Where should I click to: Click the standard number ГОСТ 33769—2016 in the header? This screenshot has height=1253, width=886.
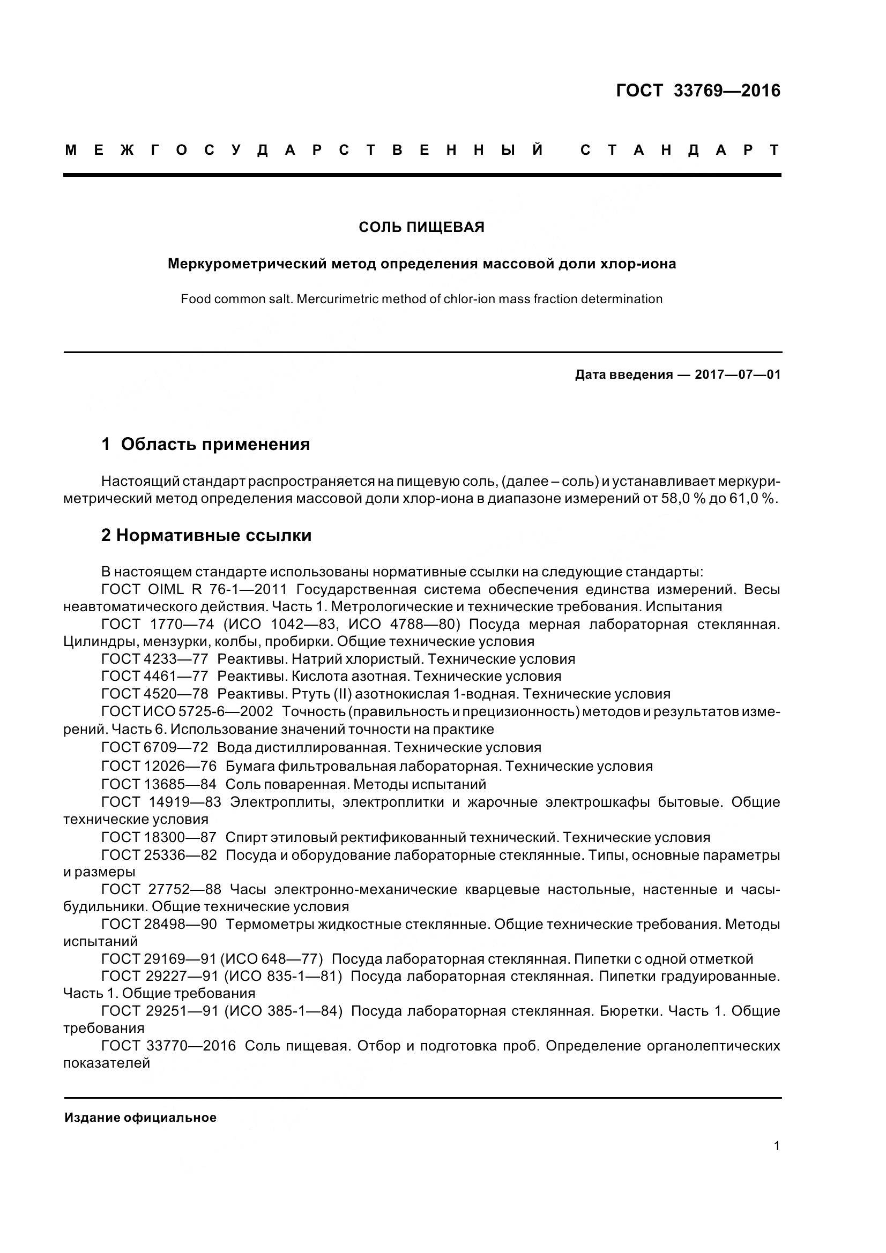click(698, 91)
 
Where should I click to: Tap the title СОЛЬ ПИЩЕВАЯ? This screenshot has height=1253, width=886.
click(421, 227)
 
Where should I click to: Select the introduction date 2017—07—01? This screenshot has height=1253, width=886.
click(738, 375)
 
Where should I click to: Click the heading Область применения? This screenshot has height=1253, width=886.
click(215, 444)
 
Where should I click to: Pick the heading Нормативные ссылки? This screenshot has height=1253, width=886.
click(213, 535)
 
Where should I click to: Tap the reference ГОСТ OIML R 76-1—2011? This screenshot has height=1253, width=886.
click(195, 589)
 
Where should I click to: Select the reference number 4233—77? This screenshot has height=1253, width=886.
click(176, 659)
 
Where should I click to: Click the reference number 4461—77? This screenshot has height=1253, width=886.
click(176, 676)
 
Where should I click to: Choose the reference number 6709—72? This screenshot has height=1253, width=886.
click(176, 747)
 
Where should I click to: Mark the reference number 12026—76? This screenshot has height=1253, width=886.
click(180, 766)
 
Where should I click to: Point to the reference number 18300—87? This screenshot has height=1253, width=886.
click(180, 837)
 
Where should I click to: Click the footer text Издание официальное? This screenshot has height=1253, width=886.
click(140, 1117)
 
